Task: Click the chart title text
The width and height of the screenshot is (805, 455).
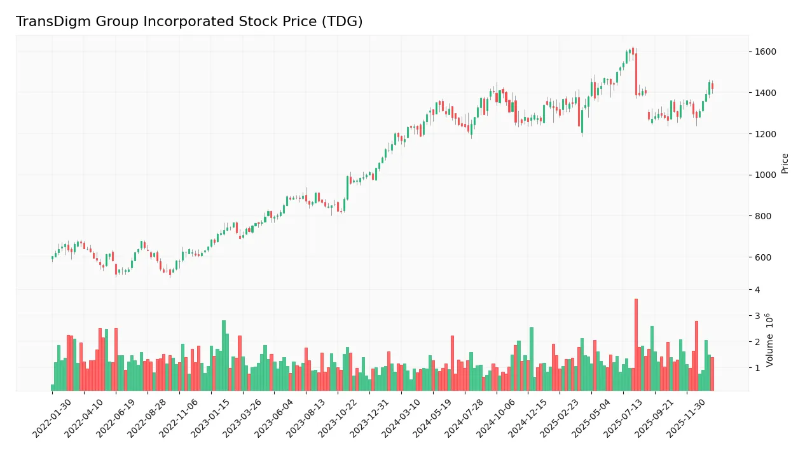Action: (x=189, y=22)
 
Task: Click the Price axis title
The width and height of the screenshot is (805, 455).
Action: (x=785, y=163)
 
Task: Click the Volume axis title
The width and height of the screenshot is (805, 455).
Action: (x=770, y=340)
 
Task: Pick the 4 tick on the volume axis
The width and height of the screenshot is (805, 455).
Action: (x=757, y=290)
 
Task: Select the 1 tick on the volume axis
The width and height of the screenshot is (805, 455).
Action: (x=757, y=368)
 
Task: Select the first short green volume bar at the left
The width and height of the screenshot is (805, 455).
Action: (x=53, y=387)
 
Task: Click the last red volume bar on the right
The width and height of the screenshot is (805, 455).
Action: (x=712, y=374)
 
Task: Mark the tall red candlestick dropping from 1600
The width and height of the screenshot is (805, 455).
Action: (x=636, y=73)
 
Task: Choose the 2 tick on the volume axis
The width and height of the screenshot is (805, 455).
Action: (x=757, y=342)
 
